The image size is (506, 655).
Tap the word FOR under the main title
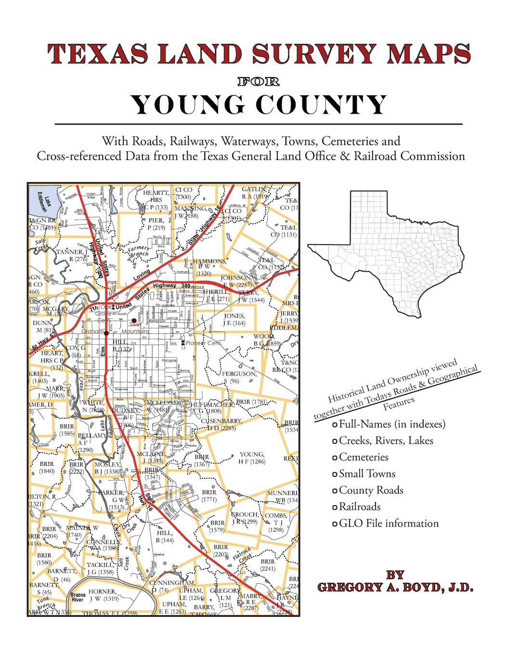pyautogui.click(x=259, y=81)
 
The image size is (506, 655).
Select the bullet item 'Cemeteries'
pyautogui.click(x=363, y=457)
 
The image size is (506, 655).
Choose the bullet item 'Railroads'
pyautogui.click(x=360, y=507)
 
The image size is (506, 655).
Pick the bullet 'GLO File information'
pyautogui.click(x=389, y=523)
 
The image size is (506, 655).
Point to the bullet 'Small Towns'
pyautogui.click(x=367, y=474)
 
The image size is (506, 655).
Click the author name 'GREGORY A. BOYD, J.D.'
pyautogui.click(x=395, y=587)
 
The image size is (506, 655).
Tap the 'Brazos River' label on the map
pyautogui.click(x=78, y=597)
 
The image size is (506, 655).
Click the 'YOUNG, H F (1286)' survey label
pyautogui.click(x=252, y=458)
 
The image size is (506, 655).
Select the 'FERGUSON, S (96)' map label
pyautogui.click(x=238, y=377)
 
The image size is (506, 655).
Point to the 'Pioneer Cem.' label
pyautogui.click(x=204, y=343)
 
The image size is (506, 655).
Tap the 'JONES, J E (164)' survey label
pyautogui.click(x=234, y=319)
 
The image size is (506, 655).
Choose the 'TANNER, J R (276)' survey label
pyautogui.click(x=72, y=255)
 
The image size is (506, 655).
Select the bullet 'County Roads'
pyautogui.click(x=371, y=490)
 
